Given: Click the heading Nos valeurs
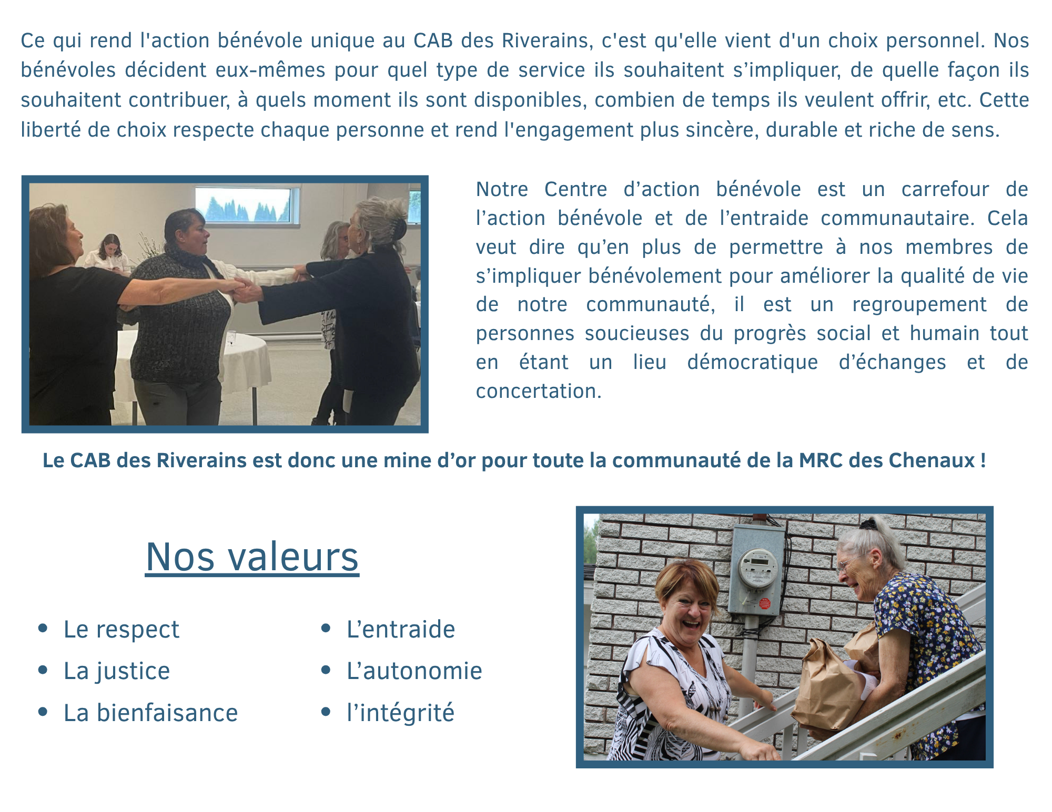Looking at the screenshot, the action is point(252,557).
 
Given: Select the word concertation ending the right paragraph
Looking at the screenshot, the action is point(539,392).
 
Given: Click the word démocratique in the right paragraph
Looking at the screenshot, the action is point(753,363).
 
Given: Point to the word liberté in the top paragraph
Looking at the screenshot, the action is point(51,130).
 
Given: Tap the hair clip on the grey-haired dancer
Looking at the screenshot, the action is point(400,228).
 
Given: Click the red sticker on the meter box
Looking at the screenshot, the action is point(765,604).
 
